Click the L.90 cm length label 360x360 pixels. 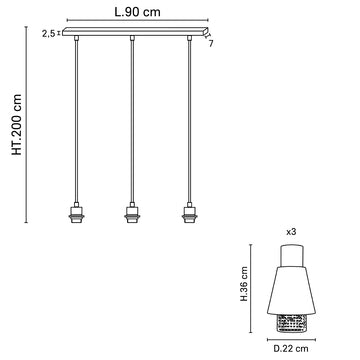(138, 12)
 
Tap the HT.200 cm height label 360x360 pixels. (17, 125)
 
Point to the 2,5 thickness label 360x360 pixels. (49, 33)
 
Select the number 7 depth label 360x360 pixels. (211, 43)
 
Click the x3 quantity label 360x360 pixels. (291, 232)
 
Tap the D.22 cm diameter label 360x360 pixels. (291, 349)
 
